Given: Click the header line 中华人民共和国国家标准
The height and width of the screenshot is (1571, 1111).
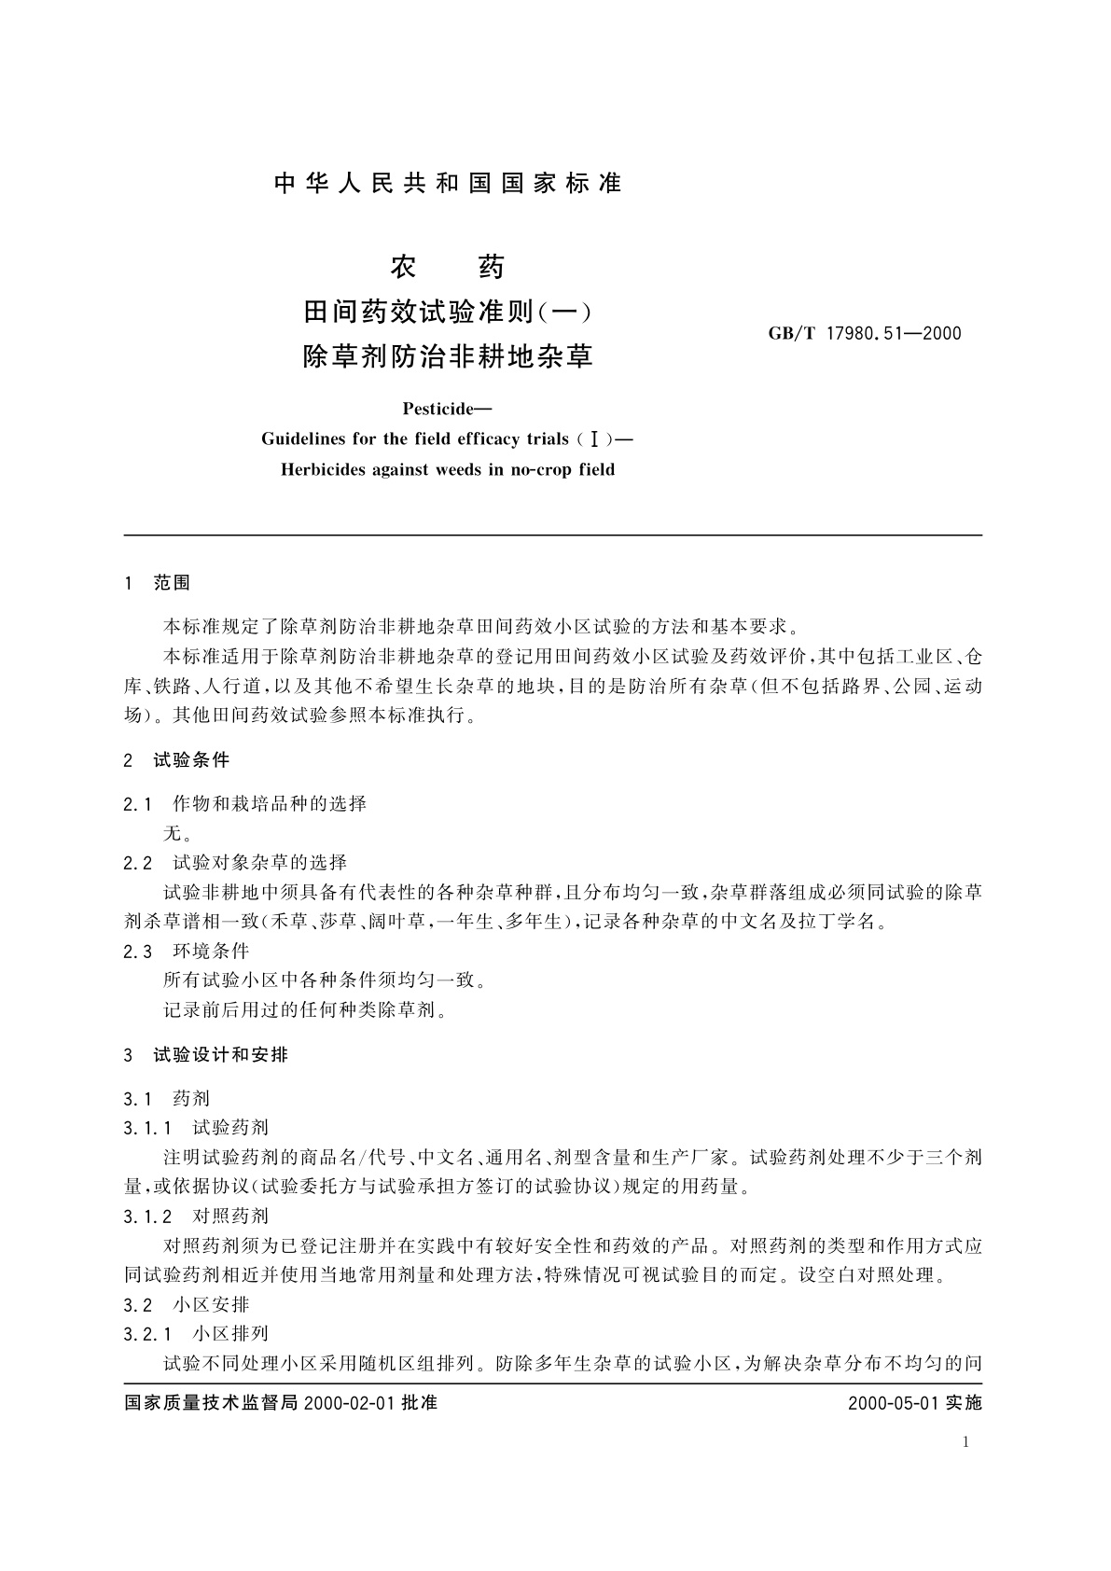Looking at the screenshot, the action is (448, 184).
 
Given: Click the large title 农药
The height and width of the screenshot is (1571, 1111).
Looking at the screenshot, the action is (447, 268).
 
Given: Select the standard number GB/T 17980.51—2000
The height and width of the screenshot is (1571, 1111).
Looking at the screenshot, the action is (865, 333).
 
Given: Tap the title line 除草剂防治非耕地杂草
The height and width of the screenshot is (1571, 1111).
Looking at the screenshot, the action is (448, 356).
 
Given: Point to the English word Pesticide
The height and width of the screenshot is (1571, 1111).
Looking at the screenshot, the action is (447, 409).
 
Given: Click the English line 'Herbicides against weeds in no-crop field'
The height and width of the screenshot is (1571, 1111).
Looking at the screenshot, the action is (448, 469).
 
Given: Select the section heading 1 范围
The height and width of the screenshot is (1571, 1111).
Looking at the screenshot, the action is (157, 583).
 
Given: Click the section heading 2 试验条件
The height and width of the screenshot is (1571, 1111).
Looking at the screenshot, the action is (176, 759).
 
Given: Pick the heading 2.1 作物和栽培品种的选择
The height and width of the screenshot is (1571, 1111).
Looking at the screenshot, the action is (244, 803).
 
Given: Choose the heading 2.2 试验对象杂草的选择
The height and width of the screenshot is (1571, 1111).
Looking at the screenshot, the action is (235, 862).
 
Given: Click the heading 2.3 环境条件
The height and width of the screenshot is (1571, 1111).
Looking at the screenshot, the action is (187, 951).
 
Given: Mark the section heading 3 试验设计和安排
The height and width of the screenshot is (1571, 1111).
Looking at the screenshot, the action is (205, 1055).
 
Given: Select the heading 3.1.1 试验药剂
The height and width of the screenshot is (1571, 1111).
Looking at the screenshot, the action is (196, 1128).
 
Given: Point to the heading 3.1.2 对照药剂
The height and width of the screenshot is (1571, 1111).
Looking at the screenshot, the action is (196, 1216).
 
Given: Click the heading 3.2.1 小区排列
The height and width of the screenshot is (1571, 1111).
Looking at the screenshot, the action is (196, 1333).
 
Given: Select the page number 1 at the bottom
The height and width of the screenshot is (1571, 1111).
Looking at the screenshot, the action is (965, 1442).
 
